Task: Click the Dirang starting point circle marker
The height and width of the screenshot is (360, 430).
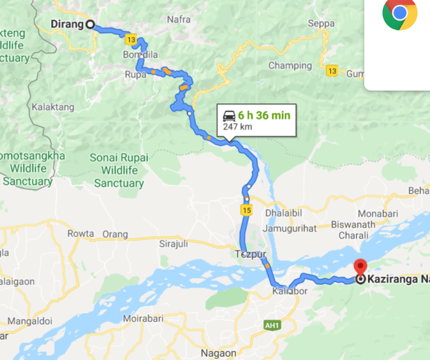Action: (x=90, y=24)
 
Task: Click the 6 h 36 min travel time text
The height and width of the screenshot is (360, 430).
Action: (x=264, y=116)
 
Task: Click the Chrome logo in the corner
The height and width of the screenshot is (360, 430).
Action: (x=400, y=13)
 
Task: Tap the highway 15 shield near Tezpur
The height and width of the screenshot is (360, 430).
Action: (x=246, y=209)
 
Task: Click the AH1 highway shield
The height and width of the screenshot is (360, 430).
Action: (x=272, y=326)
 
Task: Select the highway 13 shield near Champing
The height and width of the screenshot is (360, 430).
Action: (x=332, y=70)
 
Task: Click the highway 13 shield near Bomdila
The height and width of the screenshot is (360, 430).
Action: (x=131, y=40)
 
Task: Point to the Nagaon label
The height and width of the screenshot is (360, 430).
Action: (x=218, y=353)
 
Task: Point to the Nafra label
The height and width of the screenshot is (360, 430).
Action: (x=179, y=19)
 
